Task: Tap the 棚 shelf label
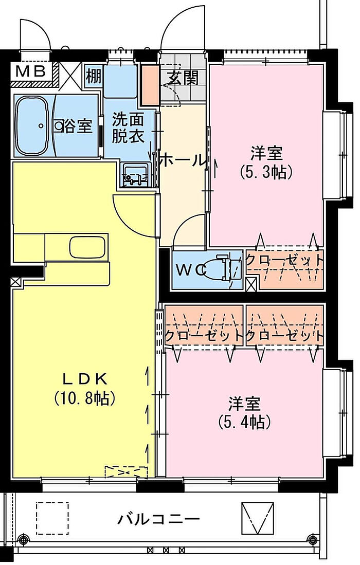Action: coord(94,76)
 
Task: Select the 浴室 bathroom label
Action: coord(77,125)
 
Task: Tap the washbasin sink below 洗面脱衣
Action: coord(135,173)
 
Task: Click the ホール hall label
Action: coord(183,161)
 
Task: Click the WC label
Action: coord(191,268)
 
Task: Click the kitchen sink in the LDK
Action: coord(87,247)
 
